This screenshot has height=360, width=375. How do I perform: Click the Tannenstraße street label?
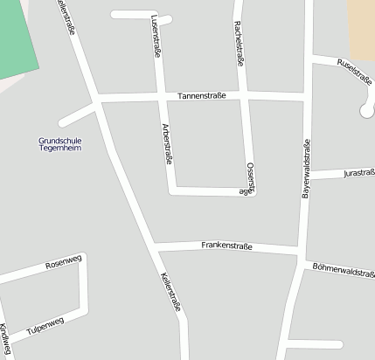click(x=202, y=94)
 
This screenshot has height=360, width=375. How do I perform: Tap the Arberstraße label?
click(x=166, y=144)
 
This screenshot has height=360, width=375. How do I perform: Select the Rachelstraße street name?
click(x=238, y=44)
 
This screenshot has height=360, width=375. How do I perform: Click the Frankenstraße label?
click(x=226, y=246)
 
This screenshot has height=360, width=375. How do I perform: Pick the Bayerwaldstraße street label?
click(x=306, y=168)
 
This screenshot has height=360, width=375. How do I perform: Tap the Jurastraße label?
click(x=358, y=173)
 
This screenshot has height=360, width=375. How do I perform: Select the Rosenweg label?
click(x=63, y=260)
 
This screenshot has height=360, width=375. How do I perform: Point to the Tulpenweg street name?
click(x=45, y=326)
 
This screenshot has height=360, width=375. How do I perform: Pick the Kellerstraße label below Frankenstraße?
click(x=170, y=294)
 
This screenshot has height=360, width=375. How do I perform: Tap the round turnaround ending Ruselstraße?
click(x=367, y=109)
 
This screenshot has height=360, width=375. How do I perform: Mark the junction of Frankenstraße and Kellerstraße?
click(x=154, y=245)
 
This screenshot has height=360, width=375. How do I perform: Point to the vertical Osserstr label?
click(x=250, y=175)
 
